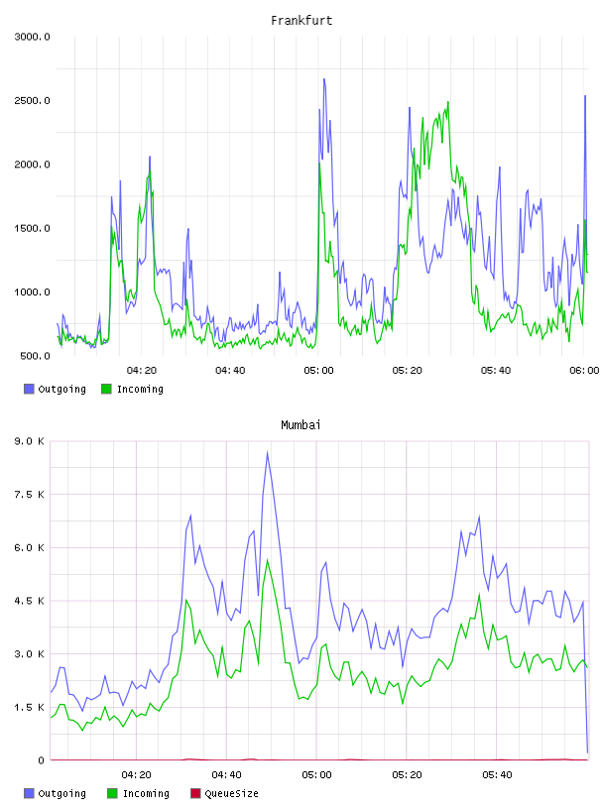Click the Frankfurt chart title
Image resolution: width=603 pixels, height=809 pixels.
tap(301, 21)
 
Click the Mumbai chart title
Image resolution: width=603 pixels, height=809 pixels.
tap(301, 425)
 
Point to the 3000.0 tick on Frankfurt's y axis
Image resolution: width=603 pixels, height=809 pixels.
tap(32, 37)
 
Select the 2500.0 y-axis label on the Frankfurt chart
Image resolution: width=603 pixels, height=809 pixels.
tap(32, 100)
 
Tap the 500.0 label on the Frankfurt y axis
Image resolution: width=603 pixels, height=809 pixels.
tap(35, 356)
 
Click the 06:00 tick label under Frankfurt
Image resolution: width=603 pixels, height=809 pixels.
tap(584, 371)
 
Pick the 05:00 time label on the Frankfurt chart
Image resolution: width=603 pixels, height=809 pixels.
tap(318, 371)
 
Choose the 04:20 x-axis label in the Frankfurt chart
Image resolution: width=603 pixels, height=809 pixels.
tap(142, 371)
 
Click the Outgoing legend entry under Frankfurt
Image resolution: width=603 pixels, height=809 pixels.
tap(55, 389)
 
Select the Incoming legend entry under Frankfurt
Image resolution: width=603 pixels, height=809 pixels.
tap(132, 389)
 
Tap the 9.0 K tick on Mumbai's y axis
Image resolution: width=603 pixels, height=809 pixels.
tap(30, 441)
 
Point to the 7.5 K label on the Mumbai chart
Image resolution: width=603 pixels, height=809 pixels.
tap(30, 495)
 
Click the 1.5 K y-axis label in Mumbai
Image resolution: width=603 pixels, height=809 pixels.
tap(30, 707)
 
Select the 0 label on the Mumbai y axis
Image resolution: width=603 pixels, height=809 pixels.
tap(41, 760)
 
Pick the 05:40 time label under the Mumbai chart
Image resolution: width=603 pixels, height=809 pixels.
tap(497, 775)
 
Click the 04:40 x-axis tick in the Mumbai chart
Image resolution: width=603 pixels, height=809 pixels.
tap(226, 775)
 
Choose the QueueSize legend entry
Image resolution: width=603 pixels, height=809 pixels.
tap(224, 793)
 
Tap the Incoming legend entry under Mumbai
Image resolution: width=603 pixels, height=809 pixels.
tap(138, 793)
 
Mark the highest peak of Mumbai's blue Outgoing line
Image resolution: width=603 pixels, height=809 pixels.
tap(267, 452)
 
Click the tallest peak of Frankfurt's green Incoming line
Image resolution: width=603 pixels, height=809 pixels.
tap(447, 102)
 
